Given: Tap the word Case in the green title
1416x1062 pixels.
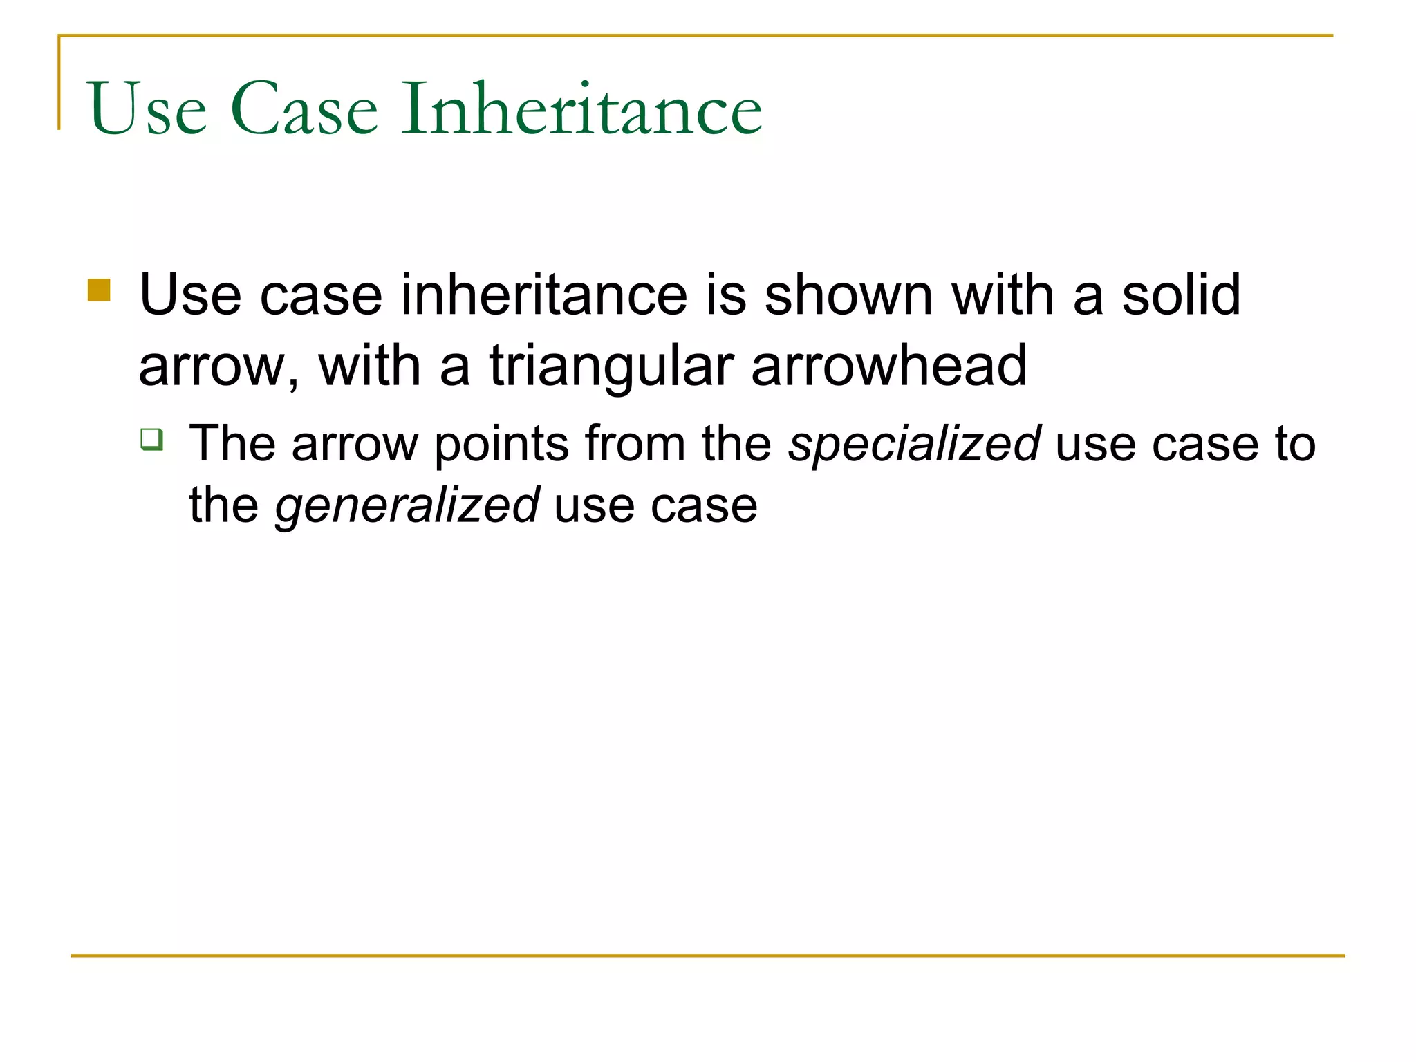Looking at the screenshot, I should click(304, 109).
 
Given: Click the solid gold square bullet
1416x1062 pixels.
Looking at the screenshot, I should click(99, 290).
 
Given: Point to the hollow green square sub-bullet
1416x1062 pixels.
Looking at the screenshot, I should click(151, 439).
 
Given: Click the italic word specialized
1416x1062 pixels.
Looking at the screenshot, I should click(914, 444).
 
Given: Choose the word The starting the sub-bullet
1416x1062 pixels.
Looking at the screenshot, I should click(232, 444).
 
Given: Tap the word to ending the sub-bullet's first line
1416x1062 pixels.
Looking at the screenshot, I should click(1295, 444).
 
